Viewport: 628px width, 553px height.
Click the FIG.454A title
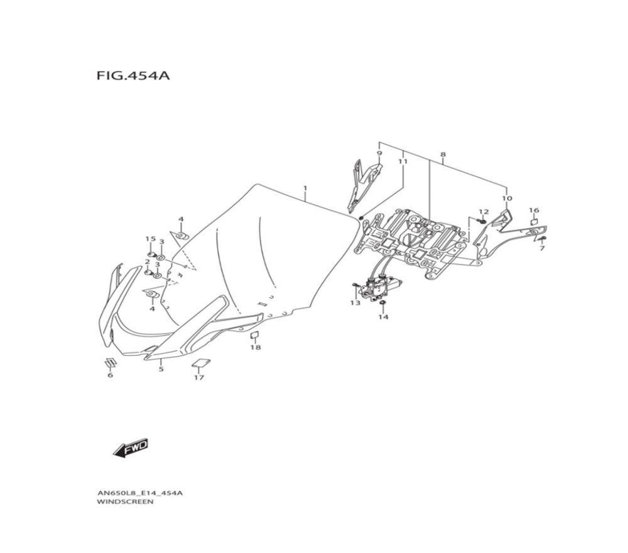click(133, 75)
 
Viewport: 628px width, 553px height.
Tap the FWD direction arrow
click(131, 449)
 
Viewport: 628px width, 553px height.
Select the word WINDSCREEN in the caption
click(125, 501)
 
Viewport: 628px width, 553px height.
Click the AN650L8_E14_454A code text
click(140, 493)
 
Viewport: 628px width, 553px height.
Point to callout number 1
click(305, 188)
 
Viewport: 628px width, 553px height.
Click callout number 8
click(443, 155)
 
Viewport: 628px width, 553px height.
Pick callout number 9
click(379, 153)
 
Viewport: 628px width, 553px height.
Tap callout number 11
click(403, 162)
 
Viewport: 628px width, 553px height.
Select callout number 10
click(507, 199)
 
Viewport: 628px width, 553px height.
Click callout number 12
click(484, 212)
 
